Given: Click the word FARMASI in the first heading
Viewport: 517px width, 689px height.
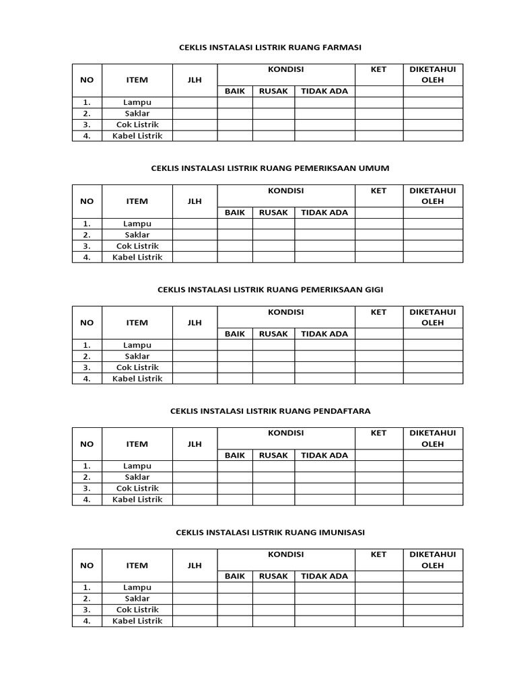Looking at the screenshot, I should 342,47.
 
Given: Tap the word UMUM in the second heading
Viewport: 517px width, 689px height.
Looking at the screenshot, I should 376,168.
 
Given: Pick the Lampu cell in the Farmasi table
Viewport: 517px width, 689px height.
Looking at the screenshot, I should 137,102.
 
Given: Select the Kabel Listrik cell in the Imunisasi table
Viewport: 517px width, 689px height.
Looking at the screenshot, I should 137,621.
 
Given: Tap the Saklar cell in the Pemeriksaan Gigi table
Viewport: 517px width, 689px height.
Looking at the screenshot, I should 137,356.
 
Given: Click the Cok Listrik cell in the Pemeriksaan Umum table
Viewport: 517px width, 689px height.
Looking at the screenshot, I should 137,246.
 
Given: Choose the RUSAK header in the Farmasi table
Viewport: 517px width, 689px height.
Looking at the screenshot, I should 273,91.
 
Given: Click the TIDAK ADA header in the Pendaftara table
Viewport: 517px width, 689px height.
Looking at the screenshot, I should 324,455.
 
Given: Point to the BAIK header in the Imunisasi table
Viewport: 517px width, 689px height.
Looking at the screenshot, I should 235,576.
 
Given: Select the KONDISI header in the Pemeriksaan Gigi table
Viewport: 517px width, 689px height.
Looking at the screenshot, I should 286,312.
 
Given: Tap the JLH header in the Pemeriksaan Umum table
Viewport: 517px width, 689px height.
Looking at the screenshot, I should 195,201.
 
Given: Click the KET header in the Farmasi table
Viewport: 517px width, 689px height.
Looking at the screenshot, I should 379,69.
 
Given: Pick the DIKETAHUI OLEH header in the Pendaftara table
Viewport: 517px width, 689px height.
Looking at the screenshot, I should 433,439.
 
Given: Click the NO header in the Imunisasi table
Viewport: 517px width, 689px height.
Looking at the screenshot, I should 87,565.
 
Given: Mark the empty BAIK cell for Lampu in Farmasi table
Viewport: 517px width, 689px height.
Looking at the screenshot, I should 235,102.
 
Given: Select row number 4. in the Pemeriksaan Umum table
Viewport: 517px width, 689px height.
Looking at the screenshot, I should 87,257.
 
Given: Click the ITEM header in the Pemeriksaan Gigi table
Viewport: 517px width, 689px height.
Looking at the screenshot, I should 137,322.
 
